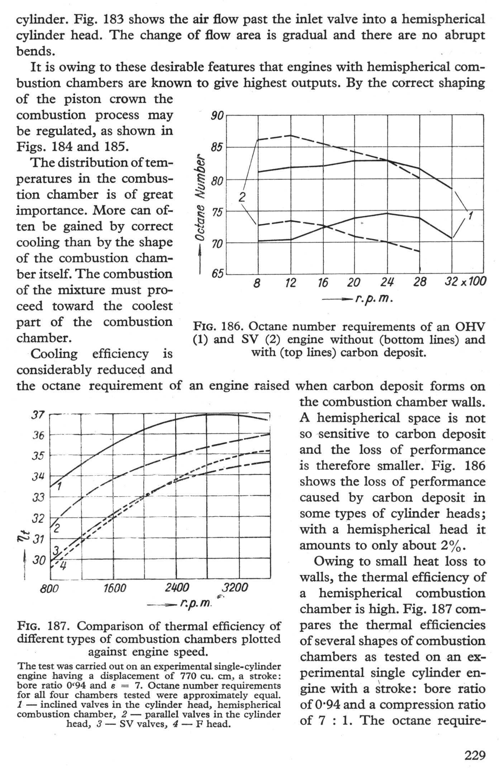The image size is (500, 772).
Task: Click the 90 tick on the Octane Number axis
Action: pos(217,116)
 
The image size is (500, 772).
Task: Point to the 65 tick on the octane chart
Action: pos(217,275)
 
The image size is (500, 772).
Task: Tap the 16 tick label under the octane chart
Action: pos(323,283)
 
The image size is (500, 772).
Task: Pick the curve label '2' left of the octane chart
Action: pos(242,197)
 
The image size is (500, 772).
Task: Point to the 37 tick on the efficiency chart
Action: pos(38,415)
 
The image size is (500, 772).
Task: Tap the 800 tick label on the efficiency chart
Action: pos(49,589)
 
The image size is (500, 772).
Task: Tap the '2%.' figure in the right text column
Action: pos(452,545)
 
